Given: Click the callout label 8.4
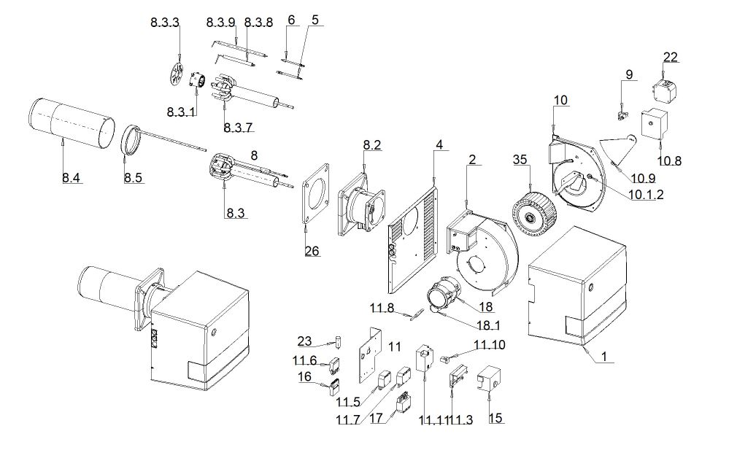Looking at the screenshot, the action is [x=71, y=178].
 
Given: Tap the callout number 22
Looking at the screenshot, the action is [x=671, y=57].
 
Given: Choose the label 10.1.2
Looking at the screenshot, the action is [x=647, y=194].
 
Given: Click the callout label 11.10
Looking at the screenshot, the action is [x=490, y=344].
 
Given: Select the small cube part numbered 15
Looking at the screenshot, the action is [x=489, y=379].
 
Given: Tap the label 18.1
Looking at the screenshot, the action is [x=488, y=325].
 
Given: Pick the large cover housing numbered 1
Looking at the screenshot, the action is [x=577, y=286].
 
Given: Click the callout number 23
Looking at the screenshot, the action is [x=304, y=341].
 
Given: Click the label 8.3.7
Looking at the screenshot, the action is [x=238, y=128].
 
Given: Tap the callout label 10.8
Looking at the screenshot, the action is [x=669, y=160].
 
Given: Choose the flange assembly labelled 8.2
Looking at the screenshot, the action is [x=361, y=204].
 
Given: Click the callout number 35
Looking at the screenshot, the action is [x=520, y=160].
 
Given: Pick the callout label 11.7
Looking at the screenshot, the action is [x=348, y=419].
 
